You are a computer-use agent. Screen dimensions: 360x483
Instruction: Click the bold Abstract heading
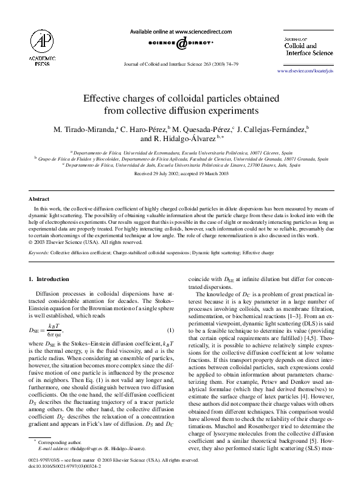[40, 199]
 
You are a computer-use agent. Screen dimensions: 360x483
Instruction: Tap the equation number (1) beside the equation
[170, 330]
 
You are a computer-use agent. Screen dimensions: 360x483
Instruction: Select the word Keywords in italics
[39, 251]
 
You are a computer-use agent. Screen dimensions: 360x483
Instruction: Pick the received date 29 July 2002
[161, 173]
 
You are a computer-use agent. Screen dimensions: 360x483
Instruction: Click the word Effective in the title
[103, 99]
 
